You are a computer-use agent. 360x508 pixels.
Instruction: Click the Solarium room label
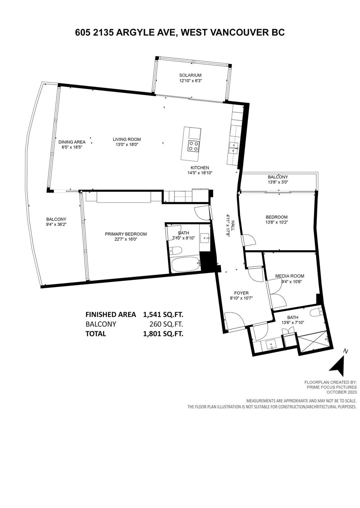click(x=190, y=75)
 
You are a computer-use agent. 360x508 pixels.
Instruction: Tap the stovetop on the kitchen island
click(x=194, y=146)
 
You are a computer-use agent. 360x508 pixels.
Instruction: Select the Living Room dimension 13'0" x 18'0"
click(x=127, y=144)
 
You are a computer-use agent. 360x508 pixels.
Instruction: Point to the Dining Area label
click(x=72, y=142)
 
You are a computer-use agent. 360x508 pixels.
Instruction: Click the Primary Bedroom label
click(x=126, y=234)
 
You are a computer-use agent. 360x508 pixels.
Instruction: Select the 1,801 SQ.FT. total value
click(x=163, y=334)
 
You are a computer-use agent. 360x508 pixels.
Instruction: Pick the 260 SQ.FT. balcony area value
click(x=166, y=324)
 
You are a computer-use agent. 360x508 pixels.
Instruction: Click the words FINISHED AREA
click(x=111, y=315)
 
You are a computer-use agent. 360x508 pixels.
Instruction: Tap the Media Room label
click(x=290, y=276)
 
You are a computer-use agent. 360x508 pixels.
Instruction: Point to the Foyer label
click(x=241, y=293)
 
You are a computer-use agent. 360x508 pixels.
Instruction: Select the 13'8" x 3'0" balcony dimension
click(x=278, y=182)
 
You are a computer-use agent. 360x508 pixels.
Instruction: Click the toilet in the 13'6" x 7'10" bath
click(x=316, y=312)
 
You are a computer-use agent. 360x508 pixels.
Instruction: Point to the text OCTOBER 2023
click(x=341, y=392)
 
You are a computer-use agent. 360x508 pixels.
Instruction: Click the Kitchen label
click(x=200, y=168)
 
